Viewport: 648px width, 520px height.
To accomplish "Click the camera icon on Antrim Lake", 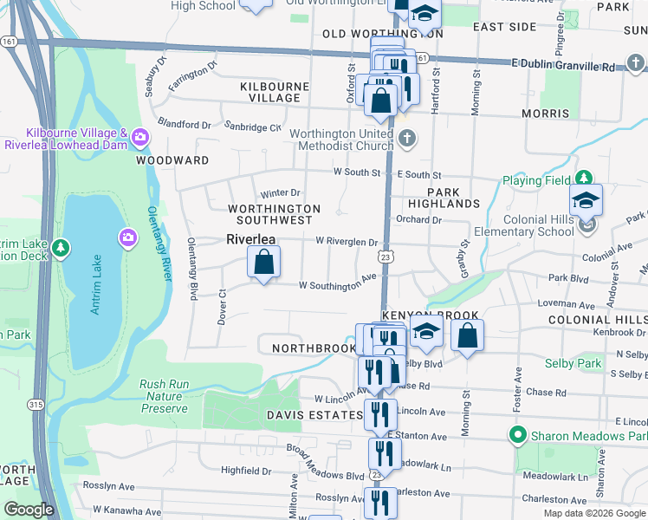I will [128, 237].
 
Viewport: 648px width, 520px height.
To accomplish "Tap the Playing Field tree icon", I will [586, 179].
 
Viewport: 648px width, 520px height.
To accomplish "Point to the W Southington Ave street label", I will [337, 284].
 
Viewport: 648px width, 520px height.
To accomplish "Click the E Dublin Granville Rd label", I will [562, 65].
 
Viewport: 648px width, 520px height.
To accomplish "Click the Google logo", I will [29, 510].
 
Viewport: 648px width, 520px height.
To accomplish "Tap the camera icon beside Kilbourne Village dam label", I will [140, 137].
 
